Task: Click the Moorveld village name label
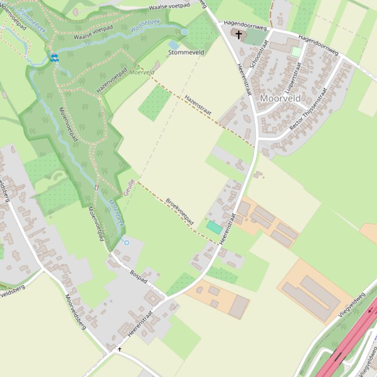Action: (x=280, y=98)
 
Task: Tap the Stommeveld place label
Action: (x=186, y=52)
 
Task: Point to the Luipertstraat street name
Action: (x=293, y=77)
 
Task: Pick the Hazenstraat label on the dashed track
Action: (x=198, y=106)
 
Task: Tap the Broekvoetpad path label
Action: (x=179, y=212)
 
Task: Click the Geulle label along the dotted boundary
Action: (x=129, y=187)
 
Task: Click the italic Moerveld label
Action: (x=142, y=72)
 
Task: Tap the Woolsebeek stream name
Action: (x=147, y=28)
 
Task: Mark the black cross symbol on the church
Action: (x=239, y=35)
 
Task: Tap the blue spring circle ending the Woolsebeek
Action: (x=185, y=32)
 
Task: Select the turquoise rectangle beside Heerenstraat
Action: (x=214, y=227)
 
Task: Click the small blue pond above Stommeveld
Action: (x=174, y=45)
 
